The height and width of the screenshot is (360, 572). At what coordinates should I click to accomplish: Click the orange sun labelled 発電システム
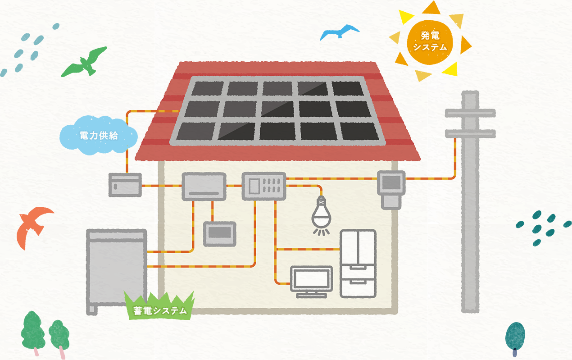pyautogui.click(x=430, y=41)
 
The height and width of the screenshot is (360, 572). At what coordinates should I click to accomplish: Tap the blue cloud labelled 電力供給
pyautogui.click(x=98, y=135)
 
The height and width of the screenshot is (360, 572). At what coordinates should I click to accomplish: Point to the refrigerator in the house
pyautogui.click(x=358, y=263)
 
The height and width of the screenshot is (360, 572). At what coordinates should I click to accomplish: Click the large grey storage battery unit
pyautogui.click(x=117, y=266)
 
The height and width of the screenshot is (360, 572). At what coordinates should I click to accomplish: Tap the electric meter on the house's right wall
pyautogui.click(x=390, y=188)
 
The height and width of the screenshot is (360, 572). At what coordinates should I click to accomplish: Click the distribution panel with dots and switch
pyautogui.click(x=264, y=186)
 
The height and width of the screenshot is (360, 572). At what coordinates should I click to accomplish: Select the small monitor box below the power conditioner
pyautogui.click(x=219, y=233)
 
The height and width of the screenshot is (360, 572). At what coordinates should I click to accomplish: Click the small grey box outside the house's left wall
pyautogui.click(x=125, y=185)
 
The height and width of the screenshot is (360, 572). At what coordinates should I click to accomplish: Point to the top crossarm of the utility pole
pyautogui.click(x=470, y=113)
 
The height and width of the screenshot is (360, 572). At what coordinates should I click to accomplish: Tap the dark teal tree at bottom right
pyautogui.click(x=515, y=336)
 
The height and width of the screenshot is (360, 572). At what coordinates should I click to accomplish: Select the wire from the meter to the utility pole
pyautogui.click(x=432, y=178)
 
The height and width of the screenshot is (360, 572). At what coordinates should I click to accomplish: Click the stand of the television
pyautogui.click(x=312, y=295)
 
